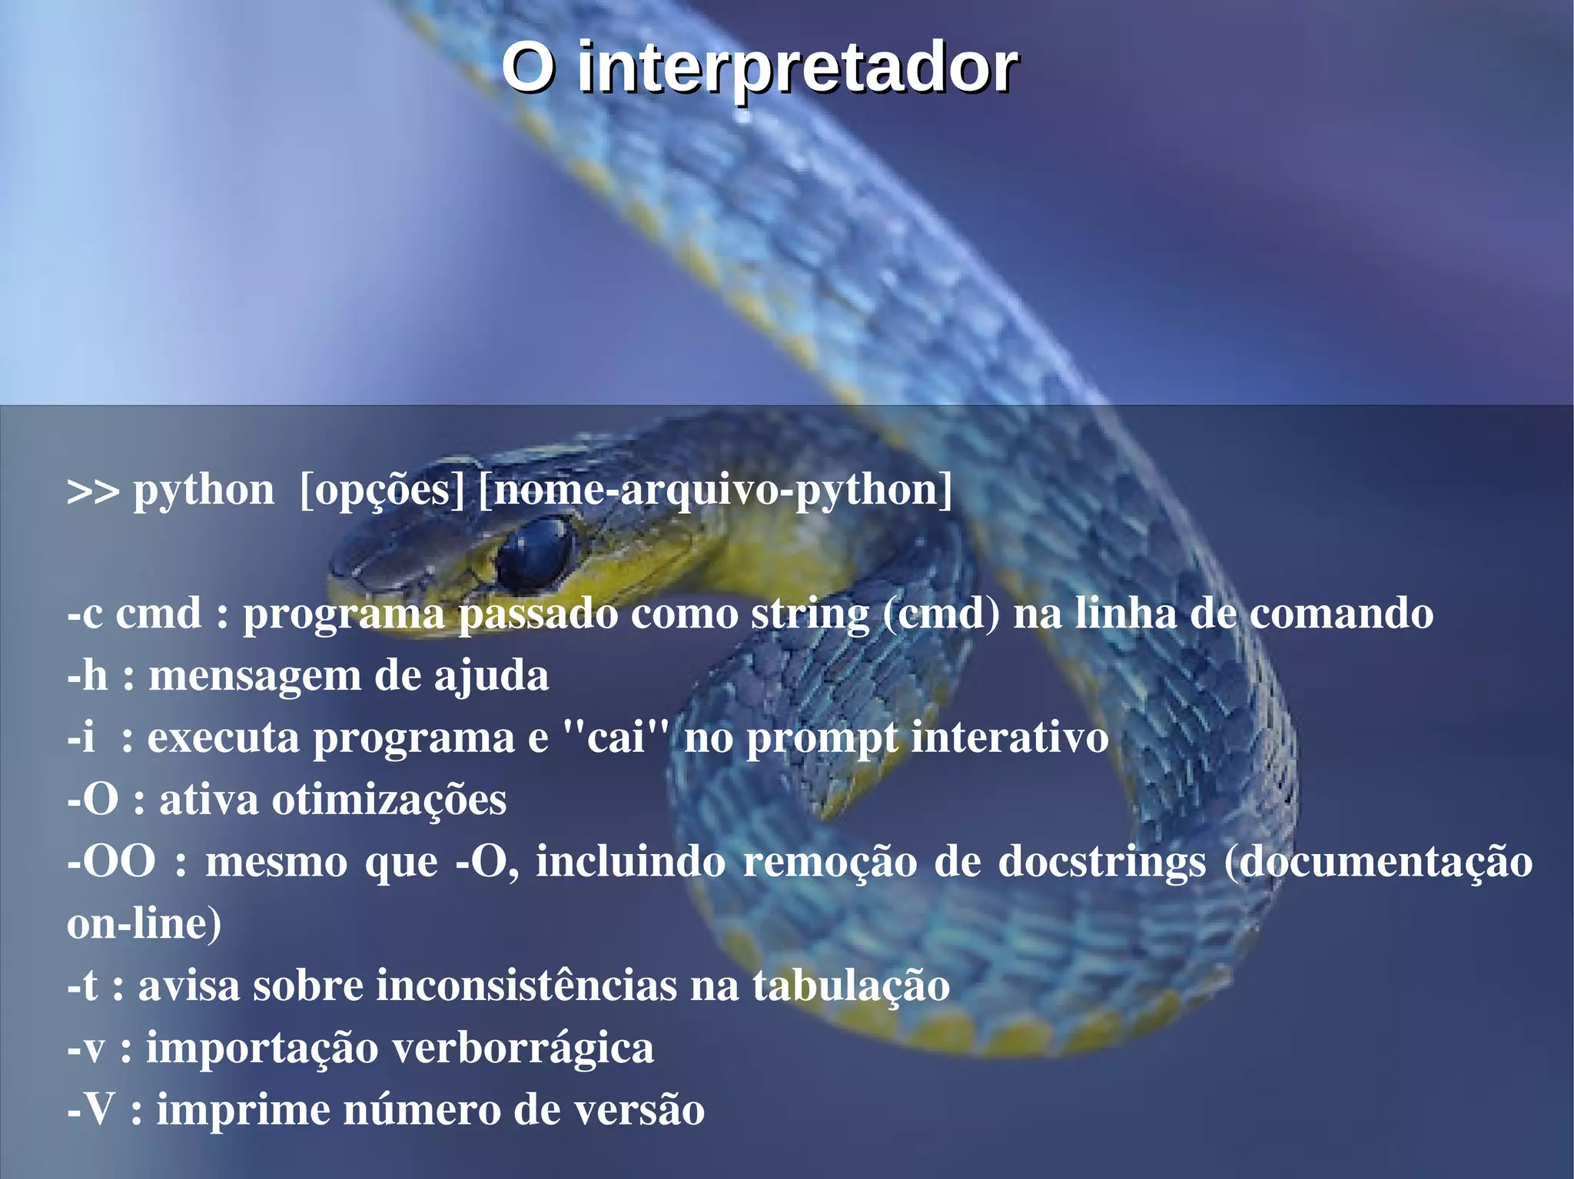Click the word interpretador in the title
[797, 69]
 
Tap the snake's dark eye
[536, 551]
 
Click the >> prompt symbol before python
[93, 492]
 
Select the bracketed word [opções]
[382, 490]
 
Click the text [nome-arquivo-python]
[715, 490]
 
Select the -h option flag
[87, 676]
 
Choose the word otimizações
[389, 800]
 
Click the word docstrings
[1101, 862]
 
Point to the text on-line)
[144, 924]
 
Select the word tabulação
[850, 986]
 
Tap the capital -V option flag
[91, 1111]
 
